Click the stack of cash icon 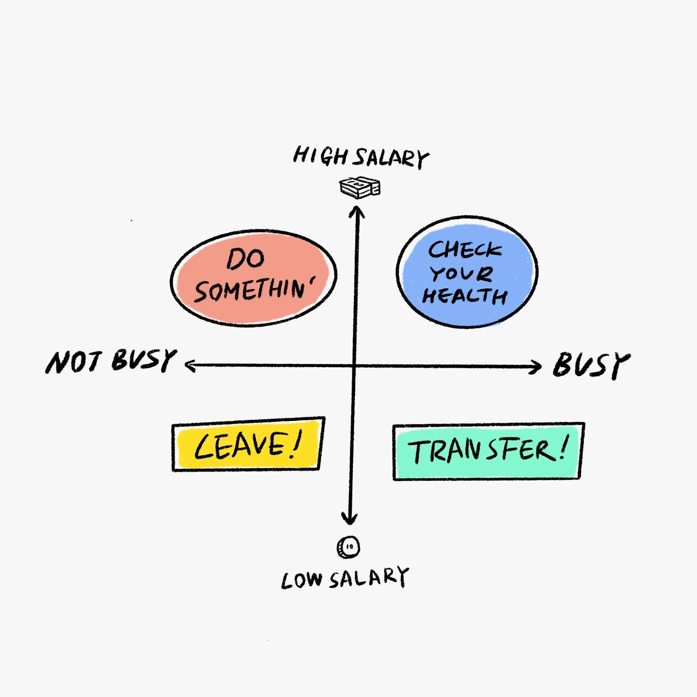359,187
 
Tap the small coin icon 348,547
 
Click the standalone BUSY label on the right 591,365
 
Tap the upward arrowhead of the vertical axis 357,210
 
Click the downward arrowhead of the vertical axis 350,519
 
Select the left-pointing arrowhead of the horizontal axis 189,365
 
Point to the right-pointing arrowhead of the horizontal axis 537,367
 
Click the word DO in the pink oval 246,259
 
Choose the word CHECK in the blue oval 464,250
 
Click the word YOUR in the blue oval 461,273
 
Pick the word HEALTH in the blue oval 464,296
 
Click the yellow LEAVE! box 248,444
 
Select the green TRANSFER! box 488,451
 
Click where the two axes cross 354,366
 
